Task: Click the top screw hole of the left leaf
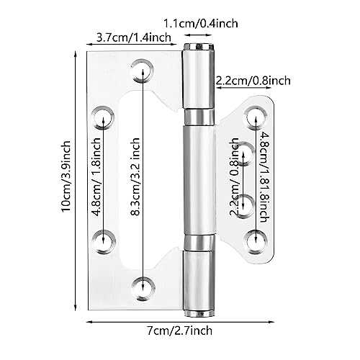pyautogui.click(x=142, y=70)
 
